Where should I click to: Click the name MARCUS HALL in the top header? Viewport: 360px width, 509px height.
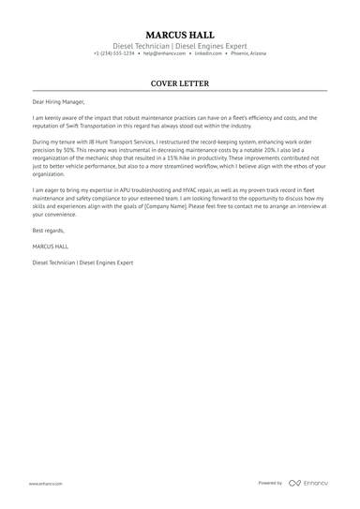click(x=179, y=33)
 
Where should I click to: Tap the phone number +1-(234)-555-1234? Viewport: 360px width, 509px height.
click(x=114, y=53)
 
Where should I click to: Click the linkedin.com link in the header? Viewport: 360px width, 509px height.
click(x=209, y=53)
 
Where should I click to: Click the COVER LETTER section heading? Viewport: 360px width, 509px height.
click(x=179, y=83)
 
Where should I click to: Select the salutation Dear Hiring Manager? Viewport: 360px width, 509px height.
click(x=58, y=103)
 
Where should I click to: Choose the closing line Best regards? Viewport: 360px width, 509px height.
click(x=50, y=230)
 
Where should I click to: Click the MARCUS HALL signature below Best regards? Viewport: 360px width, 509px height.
click(x=50, y=247)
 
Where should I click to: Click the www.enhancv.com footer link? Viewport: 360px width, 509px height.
click(x=45, y=483)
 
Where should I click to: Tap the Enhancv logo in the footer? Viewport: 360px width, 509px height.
click(x=307, y=483)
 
